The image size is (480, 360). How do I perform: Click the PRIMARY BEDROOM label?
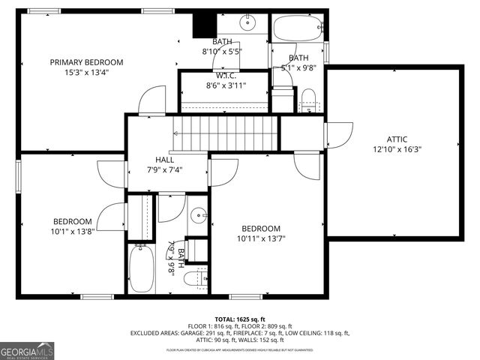[86, 62]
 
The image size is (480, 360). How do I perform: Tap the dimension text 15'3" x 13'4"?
[86, 73]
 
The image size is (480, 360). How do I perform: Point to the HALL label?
[164, 160]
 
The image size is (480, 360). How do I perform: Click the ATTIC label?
[397, 139]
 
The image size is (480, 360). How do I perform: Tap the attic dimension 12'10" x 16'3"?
[397, 149]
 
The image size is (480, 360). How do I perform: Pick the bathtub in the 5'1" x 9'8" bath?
[298, 29]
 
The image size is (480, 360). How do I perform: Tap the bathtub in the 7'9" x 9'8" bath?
[141, 268]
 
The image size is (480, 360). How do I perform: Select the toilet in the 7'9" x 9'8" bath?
[193, 278]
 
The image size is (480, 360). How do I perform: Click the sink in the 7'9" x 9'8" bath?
[197, 216]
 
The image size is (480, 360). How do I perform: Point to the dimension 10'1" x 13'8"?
[72, 232]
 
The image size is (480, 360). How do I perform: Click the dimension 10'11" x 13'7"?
[260, 239]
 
